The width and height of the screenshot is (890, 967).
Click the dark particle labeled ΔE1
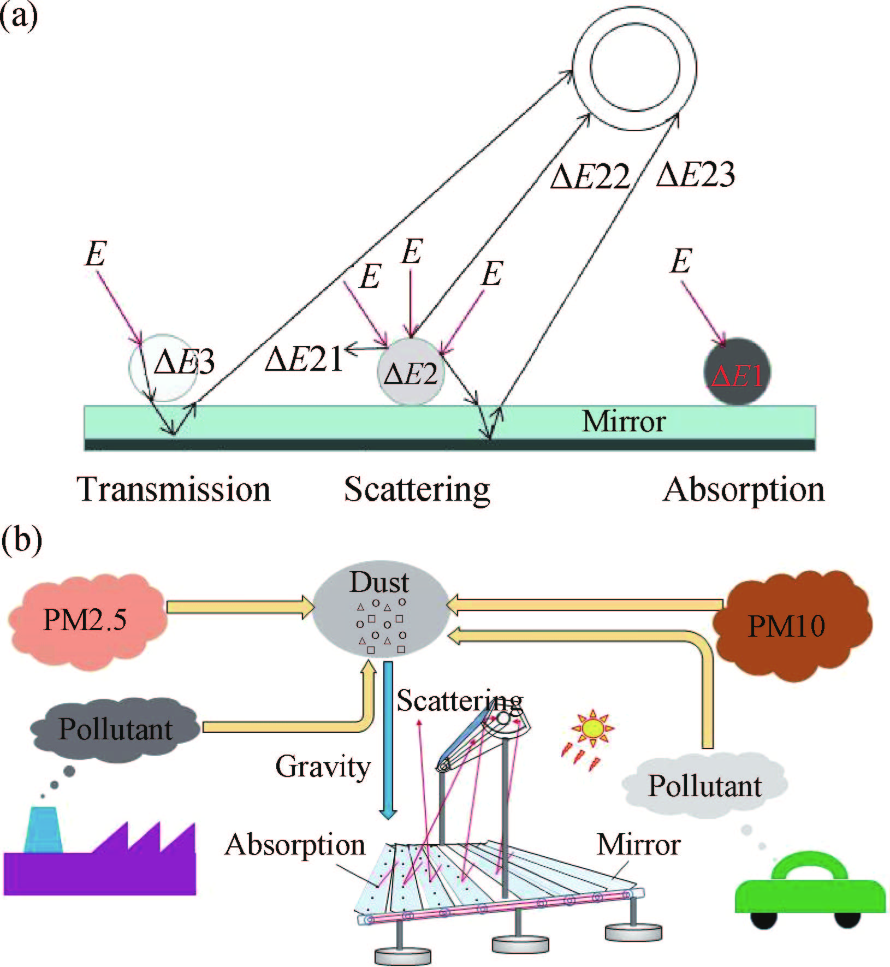[737, 371]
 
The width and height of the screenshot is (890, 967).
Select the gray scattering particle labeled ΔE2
[411, 372]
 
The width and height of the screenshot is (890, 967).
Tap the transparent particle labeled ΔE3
[162, 367]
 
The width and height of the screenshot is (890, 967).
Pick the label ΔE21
[304, 359]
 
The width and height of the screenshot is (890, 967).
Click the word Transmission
[174, 489]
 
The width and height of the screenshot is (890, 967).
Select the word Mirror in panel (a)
[624, 422]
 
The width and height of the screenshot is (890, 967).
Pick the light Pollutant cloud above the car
[704, 786]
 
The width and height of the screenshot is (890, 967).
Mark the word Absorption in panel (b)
[295, 845]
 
